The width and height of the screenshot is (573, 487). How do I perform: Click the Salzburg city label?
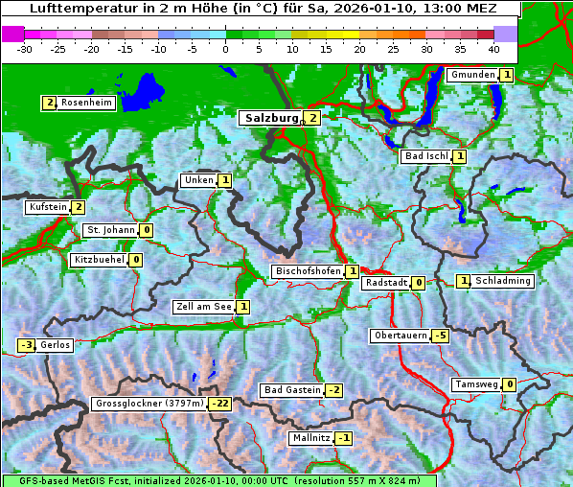272,118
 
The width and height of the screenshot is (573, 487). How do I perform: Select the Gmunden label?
472,75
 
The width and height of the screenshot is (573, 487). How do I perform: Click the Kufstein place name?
48,207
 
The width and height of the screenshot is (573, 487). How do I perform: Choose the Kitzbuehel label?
99,260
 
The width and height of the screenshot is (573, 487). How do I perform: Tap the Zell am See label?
203,307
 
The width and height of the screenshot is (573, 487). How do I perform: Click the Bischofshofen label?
308,272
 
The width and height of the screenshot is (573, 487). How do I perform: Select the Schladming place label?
503,281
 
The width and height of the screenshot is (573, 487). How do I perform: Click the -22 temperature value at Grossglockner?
220,405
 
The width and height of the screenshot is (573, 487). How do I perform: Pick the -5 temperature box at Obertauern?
440,336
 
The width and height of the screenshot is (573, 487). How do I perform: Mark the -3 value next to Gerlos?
27,345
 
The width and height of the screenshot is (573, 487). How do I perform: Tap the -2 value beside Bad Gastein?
333,390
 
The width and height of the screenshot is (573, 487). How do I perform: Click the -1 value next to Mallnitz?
345,438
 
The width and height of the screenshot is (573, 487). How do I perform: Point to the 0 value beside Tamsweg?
510,384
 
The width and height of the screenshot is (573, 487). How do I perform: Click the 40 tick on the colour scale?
493,48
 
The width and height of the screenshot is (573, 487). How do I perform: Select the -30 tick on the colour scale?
25,48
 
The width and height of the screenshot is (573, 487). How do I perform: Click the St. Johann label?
110,230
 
